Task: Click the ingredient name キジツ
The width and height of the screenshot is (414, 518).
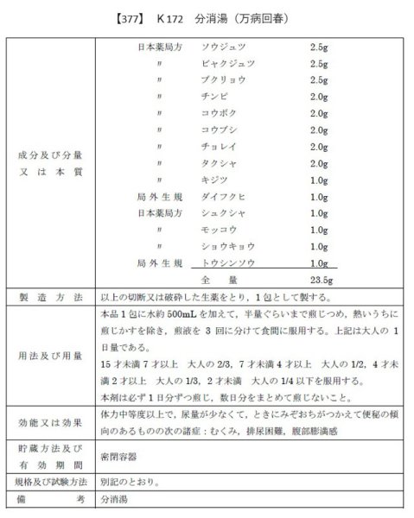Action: (213, 180)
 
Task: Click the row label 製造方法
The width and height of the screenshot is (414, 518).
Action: (50, 297)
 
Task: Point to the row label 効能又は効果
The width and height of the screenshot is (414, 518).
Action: (50, 423)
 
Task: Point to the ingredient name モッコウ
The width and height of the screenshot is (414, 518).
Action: (217, 230)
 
